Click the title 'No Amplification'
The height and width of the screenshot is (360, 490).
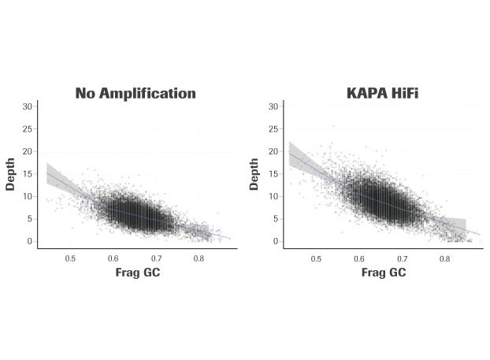tap(135, 93)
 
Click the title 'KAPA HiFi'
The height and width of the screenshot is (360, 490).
tap(382, 93)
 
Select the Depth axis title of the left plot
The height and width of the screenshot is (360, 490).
tap(10, 173)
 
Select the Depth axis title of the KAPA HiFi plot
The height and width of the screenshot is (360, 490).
tap(255, 173)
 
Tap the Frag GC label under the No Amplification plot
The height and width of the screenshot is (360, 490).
tap(135, 273)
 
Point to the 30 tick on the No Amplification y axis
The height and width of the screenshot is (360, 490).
tap(28, 106)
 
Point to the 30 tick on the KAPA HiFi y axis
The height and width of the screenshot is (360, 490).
tap(273, 106)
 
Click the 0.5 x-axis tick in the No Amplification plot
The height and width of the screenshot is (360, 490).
tap(70, 258)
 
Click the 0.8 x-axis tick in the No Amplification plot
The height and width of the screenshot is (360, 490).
tap(199, 258)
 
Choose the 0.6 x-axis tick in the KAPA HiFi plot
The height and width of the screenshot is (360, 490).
tap(359, 258)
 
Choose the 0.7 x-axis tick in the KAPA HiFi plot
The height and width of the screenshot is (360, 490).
tap(402, 258)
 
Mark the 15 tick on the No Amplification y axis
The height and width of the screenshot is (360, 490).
tap(28, 173)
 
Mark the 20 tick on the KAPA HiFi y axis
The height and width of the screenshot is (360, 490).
tap(273, 151)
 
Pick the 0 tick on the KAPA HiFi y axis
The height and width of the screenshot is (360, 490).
tap(276, 241)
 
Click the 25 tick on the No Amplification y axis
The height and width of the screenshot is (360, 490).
tap(28, 128)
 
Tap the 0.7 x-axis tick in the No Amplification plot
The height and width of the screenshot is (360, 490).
tap(156, 258)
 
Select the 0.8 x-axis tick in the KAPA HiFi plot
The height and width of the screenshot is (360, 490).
tap(444, 258)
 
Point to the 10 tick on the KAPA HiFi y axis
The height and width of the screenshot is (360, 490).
tap(273, 196)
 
